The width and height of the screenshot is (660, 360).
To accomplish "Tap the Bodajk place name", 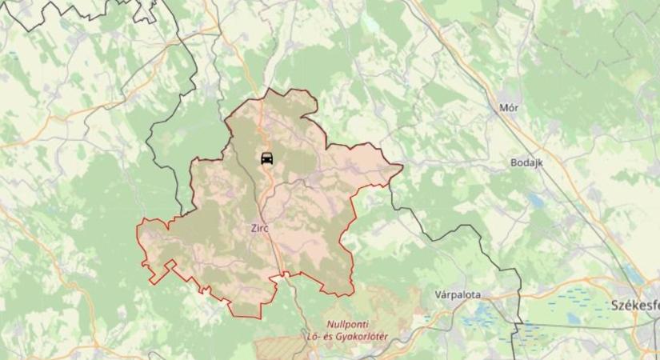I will (x=526, y=162).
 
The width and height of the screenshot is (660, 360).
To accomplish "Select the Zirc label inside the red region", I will (x=259, y=228).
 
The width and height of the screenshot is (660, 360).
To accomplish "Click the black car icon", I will (x=267, y=157).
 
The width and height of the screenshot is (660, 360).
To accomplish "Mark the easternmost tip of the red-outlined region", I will (x=402, y=166).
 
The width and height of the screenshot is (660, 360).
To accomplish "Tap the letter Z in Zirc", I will (x=254, y=228).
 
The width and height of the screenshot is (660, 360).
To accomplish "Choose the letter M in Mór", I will (x=503, y=108).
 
